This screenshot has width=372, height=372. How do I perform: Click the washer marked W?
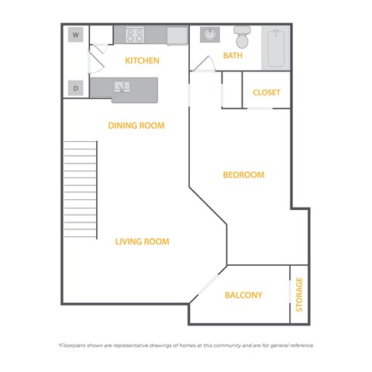(x=76, y=35)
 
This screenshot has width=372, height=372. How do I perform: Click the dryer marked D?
(x=76, y=88)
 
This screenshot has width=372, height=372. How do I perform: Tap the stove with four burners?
(x=135, y=36)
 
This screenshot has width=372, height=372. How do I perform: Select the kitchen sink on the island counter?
(x=123, y=86)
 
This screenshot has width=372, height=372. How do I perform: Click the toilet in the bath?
(x=243, y=38)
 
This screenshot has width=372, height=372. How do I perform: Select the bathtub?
(x=275, y=49)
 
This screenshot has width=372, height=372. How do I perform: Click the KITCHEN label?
(x=142, y=60)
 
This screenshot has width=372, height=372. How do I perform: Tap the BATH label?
(x=232, y=56)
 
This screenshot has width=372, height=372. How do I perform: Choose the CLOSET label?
(x=267, y=93)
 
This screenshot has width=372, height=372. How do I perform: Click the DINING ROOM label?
(x=136, y=126)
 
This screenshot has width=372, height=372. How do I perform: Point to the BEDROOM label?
(x=243, y=175)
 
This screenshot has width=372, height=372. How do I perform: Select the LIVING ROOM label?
(x=142, y=242)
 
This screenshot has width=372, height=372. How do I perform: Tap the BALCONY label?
(x=243, y=295)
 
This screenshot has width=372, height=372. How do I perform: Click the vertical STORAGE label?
(x=299, y=294)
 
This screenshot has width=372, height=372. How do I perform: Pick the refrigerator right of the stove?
(x=177, y=36)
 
